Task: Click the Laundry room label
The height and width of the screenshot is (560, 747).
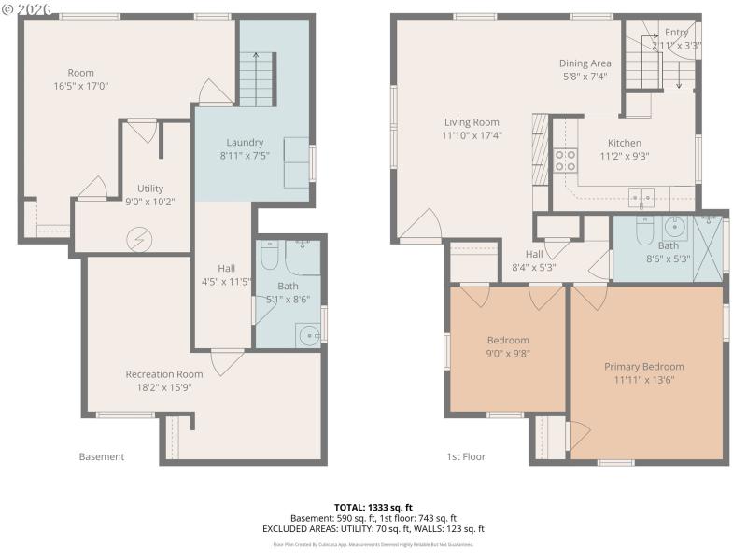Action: [x=246, y=143]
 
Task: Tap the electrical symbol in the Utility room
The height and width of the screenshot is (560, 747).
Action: [x=138, y=240]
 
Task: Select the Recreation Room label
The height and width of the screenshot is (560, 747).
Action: [x=164, y=374]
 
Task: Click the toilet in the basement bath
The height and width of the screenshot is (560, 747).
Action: [x=270, y=255]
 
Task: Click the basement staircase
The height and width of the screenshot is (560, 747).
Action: [x=255, y=79]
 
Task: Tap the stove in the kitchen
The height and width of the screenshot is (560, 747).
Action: [x=565, y=161]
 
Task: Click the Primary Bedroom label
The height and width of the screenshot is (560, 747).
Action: [x=643, y=367]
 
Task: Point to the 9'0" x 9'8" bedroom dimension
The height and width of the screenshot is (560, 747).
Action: [x=508, y=355]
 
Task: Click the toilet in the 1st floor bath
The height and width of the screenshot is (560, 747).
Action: [x=644, y=230]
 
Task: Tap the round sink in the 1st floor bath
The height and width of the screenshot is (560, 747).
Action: [x=675, y=226]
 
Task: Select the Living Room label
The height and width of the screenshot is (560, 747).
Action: [x=472, y=122]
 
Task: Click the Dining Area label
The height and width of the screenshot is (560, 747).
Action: [x=585, y=63]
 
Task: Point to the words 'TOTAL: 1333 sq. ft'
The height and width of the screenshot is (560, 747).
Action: [x=373, y=507]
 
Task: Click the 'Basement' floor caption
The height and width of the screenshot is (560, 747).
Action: [x=101, y=456]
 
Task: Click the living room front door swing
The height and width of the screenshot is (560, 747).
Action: [x=422, y=226]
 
